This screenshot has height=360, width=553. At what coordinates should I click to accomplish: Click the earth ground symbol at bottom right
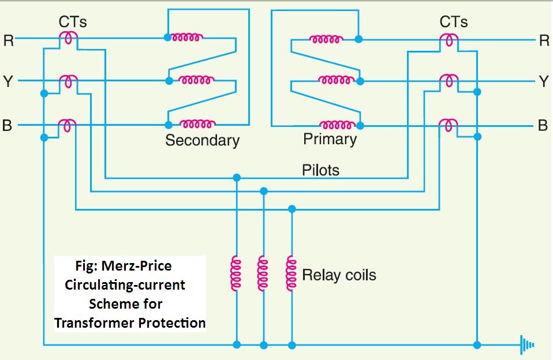(526, 344)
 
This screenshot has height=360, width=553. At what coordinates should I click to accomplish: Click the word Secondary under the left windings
(202, 140)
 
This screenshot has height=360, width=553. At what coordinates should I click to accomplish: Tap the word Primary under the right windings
(330, 139)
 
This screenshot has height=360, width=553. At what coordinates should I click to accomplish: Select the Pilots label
(320, 170)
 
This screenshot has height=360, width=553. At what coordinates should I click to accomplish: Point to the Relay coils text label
(339, 275)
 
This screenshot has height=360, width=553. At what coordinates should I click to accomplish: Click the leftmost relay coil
(236, 274)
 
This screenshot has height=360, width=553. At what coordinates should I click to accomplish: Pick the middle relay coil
(263, 274)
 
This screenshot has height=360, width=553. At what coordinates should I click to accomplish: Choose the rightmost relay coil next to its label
(291, 274)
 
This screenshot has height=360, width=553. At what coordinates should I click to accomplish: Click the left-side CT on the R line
(68, 38)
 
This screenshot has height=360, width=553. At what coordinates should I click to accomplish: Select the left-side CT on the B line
(68, 124)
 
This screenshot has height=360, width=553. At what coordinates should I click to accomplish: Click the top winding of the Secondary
(185, 37)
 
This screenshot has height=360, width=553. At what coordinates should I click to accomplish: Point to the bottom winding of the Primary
(337, 124)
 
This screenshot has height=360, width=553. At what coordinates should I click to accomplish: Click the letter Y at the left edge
(8, 81)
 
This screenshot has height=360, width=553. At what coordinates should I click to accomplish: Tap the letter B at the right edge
(543, 125)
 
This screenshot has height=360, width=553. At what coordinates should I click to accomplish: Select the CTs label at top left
(73, 22)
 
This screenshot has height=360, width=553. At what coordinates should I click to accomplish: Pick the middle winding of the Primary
(337, 81)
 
